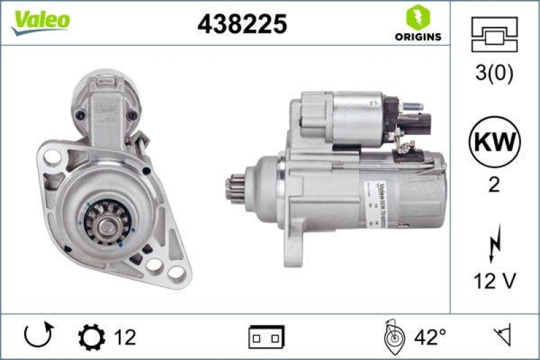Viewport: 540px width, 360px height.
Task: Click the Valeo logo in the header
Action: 40,20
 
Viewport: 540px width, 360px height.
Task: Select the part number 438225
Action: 242,24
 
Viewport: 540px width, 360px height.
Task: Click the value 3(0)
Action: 493,73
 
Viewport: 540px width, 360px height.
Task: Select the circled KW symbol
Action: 493,142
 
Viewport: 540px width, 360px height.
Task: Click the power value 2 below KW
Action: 493,184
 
